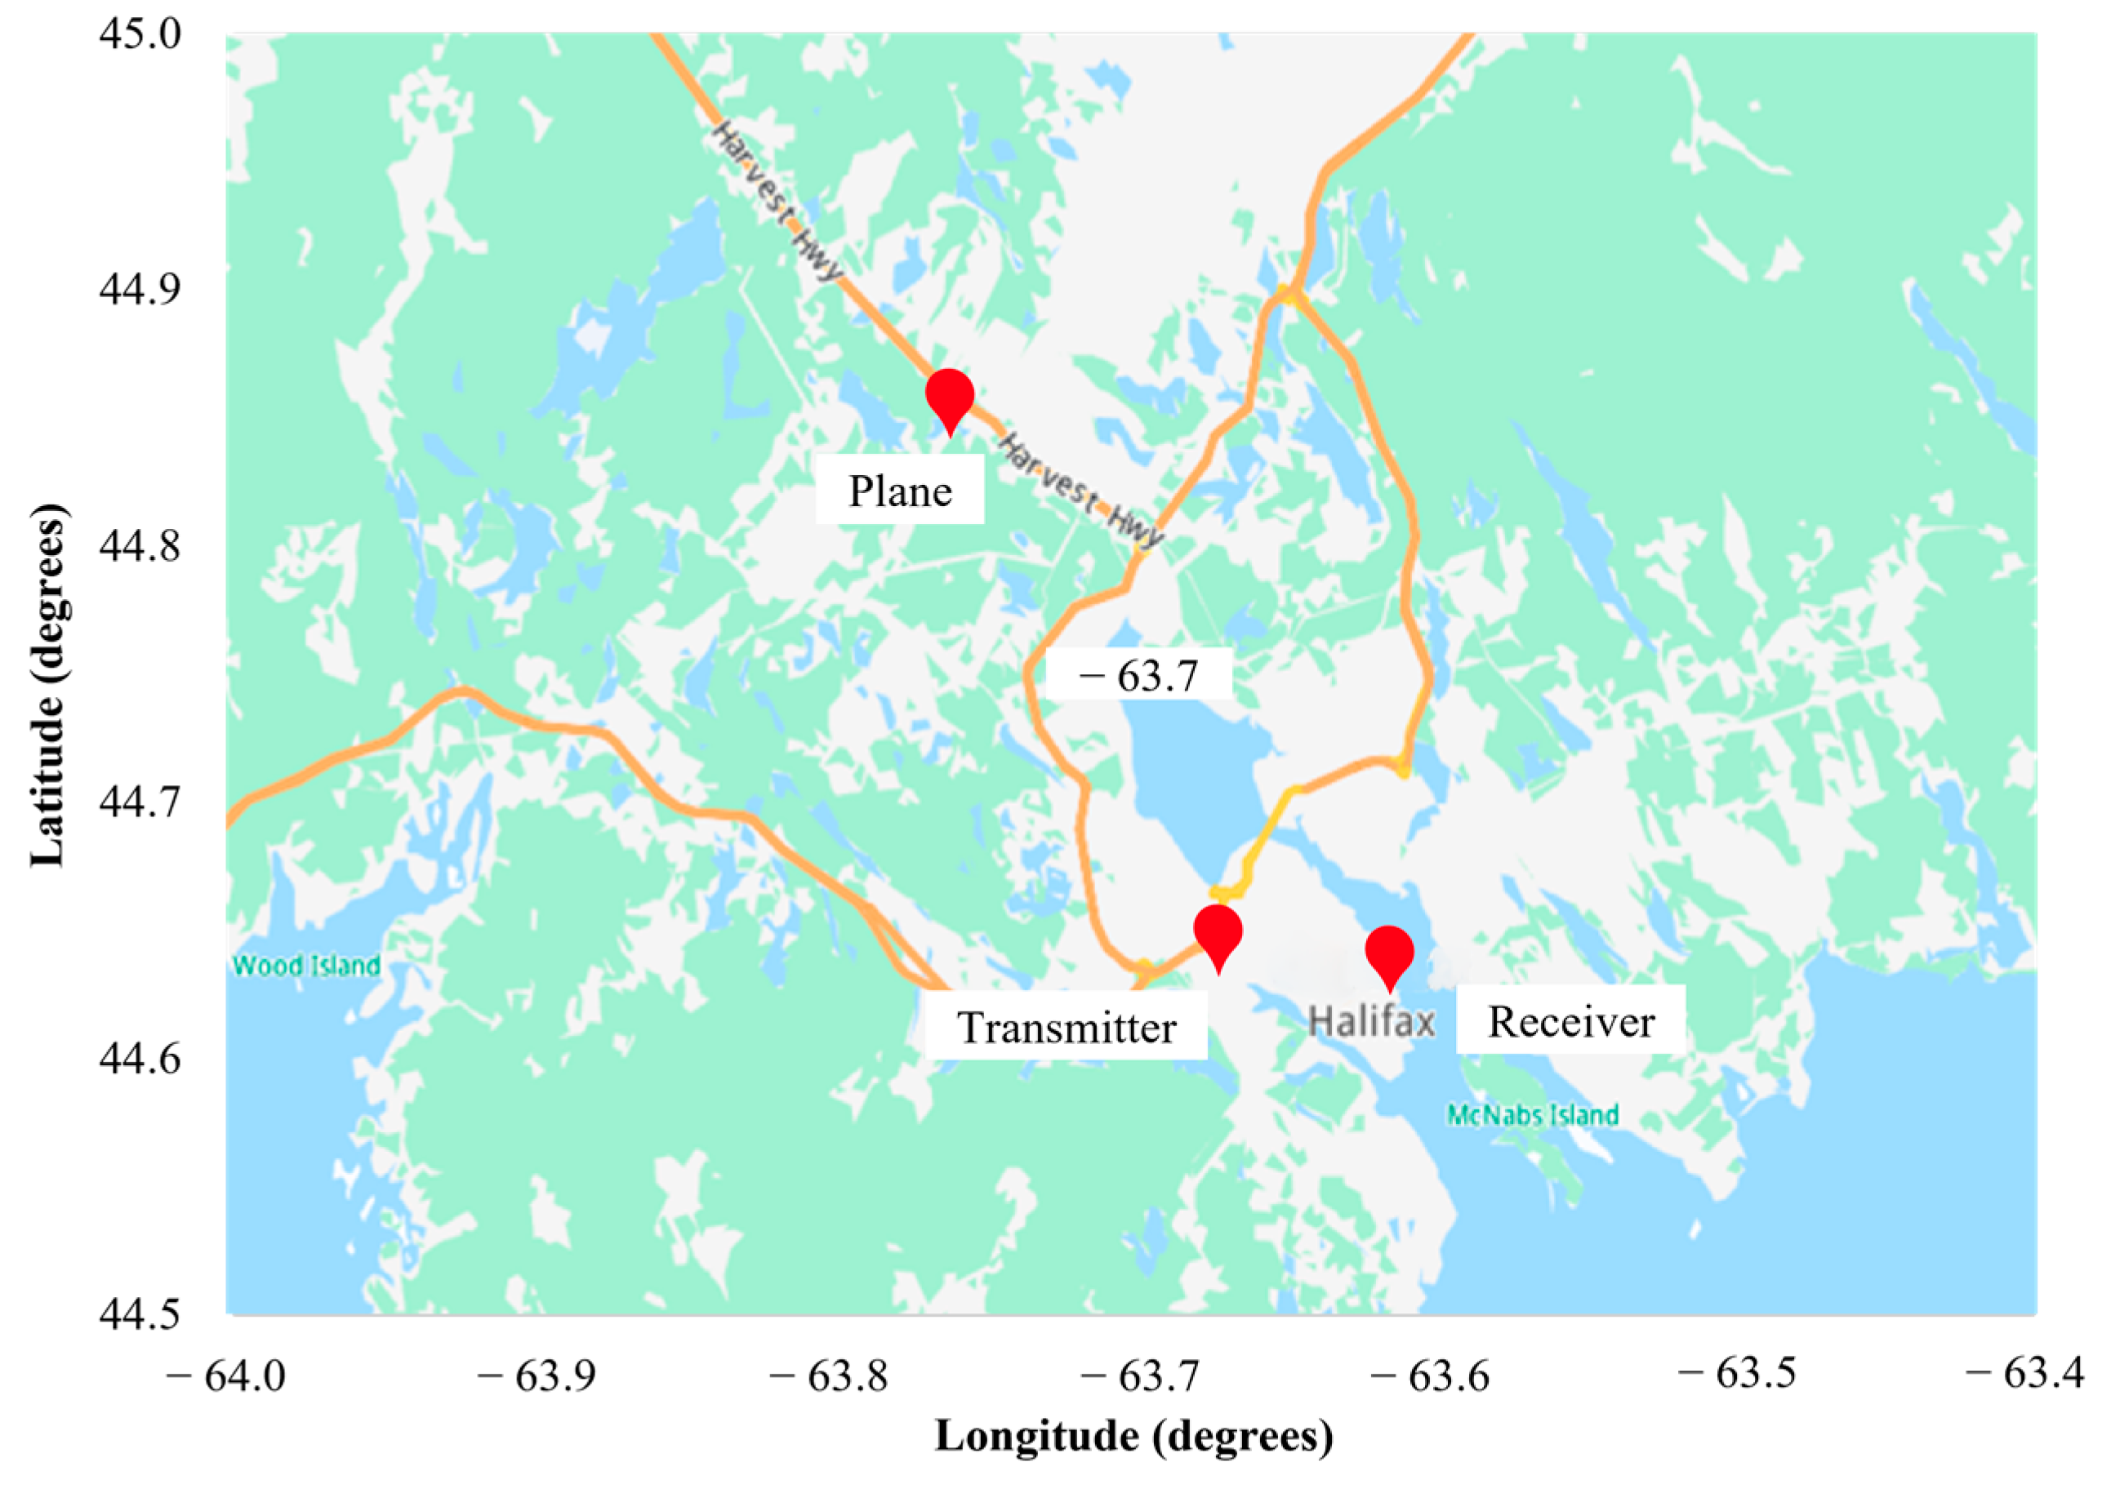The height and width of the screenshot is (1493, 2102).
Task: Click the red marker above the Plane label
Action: (x=949, y=398)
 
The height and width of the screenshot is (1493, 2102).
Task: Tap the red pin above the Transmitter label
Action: (x=1218, y=933)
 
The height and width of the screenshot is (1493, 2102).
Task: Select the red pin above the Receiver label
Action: (x=1388, y=954)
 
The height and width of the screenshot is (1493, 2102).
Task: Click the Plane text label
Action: (x=899, y=493)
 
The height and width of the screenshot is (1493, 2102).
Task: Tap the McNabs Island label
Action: (x=1532, y=1116)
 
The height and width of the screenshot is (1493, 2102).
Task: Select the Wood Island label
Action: (x=306, y=966)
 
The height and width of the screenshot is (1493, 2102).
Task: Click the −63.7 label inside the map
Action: (x=1139, y=676)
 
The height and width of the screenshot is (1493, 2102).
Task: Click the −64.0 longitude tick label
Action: (x=226, y=1376)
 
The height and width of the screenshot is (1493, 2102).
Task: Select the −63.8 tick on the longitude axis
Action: (x=829, y=1376)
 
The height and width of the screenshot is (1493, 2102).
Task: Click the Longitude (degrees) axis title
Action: (x=1133, y=1436)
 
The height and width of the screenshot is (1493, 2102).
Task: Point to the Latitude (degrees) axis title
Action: (x=48, y=685)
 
